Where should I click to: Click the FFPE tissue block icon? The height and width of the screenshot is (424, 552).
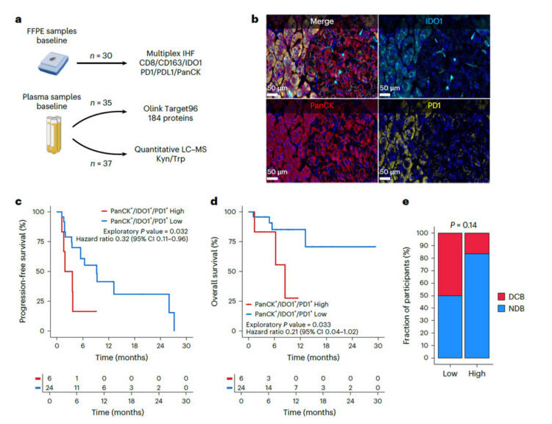click(53, 63)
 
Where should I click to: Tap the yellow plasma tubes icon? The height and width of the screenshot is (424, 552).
click(54, 135)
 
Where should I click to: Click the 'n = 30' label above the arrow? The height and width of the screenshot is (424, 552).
click(101, 56)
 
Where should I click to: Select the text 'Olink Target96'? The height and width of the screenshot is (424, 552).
click(171, 108)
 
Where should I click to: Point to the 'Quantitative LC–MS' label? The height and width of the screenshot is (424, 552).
click(171, 149)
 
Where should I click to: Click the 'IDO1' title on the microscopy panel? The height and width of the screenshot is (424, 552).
click(434, 21)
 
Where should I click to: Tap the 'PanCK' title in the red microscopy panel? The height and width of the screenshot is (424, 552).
click(322, 105)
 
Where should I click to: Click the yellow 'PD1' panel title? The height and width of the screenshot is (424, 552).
click(434, 105)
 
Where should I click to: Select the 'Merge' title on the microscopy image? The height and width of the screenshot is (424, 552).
click(322, 21)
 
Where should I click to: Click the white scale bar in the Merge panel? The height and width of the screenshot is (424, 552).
click(272, 94)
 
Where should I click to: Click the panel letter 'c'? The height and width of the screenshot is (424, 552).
click(18, 202)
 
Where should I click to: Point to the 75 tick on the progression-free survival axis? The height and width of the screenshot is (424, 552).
click(40, 241)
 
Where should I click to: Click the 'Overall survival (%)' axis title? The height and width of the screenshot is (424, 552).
click(215, 271)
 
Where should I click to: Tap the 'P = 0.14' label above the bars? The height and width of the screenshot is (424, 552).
click(463, 225)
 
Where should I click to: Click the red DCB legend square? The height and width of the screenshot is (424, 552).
click(502, 297)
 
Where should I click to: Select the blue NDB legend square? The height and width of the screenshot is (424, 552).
click(502, 308)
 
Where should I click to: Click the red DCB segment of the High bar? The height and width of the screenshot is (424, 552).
click(477, 244)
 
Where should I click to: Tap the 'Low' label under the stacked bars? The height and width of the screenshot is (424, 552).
click(450, 373)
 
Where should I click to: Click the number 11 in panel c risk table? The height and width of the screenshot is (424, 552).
click(77, 388)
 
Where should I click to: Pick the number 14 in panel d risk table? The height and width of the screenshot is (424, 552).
click(268, 388)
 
